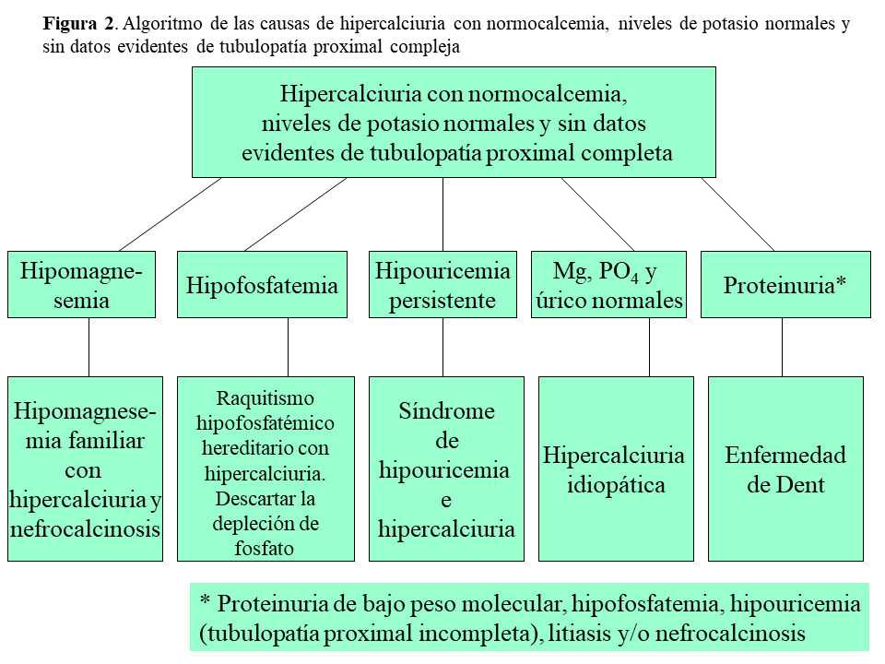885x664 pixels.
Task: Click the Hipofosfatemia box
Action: coord(262,285)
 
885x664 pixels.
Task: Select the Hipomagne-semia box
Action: coord(81,285)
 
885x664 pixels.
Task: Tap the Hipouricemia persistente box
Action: coord(442,285)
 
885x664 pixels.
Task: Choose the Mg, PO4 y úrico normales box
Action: coord(608,285)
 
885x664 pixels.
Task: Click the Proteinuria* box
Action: coord(785,285)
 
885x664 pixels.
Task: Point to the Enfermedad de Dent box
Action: coord(785,468)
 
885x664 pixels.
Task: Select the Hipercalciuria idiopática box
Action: coord(616,468)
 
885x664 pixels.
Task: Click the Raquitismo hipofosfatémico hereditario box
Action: coord(265,468)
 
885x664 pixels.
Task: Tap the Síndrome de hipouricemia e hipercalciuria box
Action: coord(446,468)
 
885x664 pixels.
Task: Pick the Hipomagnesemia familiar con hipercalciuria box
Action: coord(85,468)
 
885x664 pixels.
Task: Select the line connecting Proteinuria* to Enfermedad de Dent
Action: coord(782,347)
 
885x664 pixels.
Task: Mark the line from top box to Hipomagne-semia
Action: coord(171,214)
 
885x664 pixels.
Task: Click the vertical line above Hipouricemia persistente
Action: coord(442,214)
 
